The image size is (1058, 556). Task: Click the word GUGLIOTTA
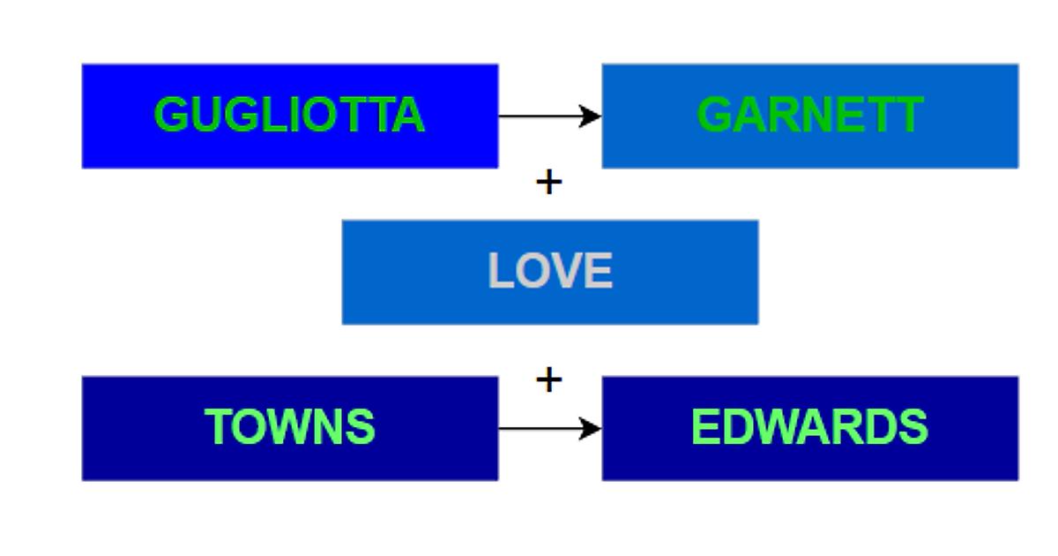(289, 116)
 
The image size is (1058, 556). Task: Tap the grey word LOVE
(549, 272)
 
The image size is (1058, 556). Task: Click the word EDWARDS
(809, 428)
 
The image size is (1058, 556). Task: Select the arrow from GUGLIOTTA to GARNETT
(542, 116)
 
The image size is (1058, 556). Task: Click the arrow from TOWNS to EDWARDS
(542, 429)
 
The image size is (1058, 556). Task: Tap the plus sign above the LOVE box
(548, 183)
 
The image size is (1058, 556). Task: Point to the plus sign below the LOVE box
(548, 380)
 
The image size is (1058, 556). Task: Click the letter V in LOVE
(570, 272)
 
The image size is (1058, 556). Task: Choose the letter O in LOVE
(533, 272)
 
